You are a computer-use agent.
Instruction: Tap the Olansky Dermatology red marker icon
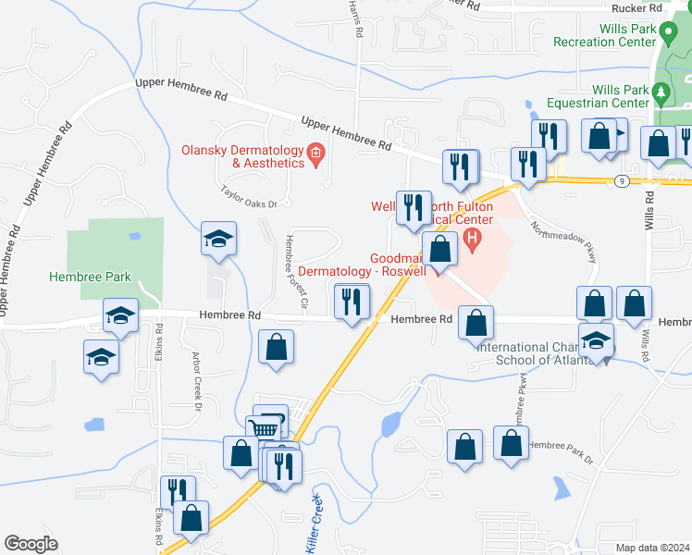tap(316, 153)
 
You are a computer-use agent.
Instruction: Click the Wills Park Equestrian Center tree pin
tap(661, 92)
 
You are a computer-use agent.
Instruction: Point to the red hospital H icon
tap(473, 243)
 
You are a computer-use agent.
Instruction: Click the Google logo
tap(31, 544)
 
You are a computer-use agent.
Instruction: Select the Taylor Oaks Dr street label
tap(249, 193)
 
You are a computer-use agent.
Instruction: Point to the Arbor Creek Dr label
tap(195, 379)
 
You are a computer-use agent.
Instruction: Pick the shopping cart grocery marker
tap(265, 427)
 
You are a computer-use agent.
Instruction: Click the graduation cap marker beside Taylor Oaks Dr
tap(218, 240)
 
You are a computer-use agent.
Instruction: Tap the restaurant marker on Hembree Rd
tap(352, 302)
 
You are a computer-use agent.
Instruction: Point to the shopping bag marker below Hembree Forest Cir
tap(277, 349)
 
